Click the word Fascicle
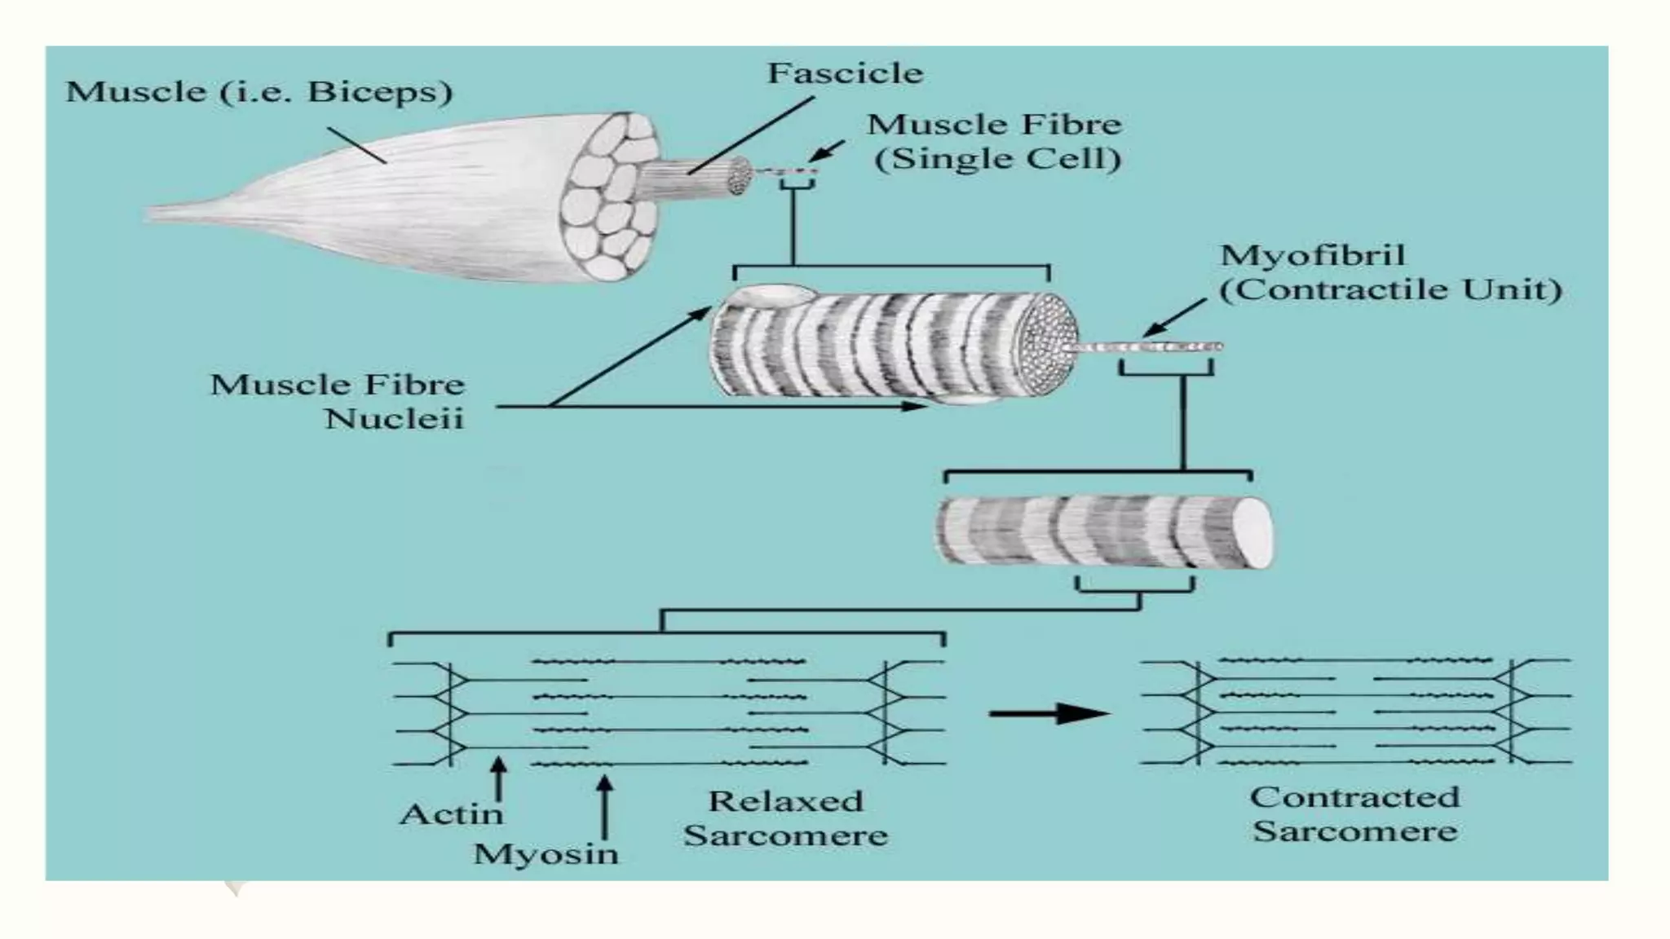point(845,74)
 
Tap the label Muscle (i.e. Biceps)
point(258,92)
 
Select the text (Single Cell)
point(997,159)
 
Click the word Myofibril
point(1312,256)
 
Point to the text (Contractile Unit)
point(1390,290)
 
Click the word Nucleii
point(394,419)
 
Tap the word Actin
point(452,814)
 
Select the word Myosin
point(546,854)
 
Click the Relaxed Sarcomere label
point(785,818)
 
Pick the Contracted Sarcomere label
point(1354,813)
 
